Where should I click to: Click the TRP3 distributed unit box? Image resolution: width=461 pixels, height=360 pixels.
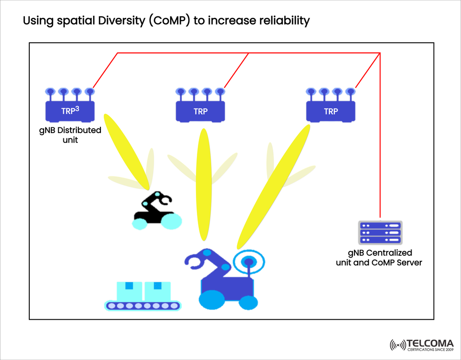(x=70, y=111)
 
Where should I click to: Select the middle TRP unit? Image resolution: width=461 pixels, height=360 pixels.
(x=200, y=111)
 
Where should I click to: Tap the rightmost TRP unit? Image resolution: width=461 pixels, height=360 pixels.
(x=331, y=111)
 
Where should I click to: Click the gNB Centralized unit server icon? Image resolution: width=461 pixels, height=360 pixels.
(x=380, y=233)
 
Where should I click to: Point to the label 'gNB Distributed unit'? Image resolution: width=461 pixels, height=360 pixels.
(x=70, y=135)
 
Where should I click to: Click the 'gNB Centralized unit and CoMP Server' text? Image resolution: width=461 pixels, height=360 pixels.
(x=379, y=258)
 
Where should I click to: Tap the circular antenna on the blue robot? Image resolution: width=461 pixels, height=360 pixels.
(x=248, y=262)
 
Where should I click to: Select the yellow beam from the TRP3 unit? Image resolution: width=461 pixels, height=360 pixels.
(x=126, y=151)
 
